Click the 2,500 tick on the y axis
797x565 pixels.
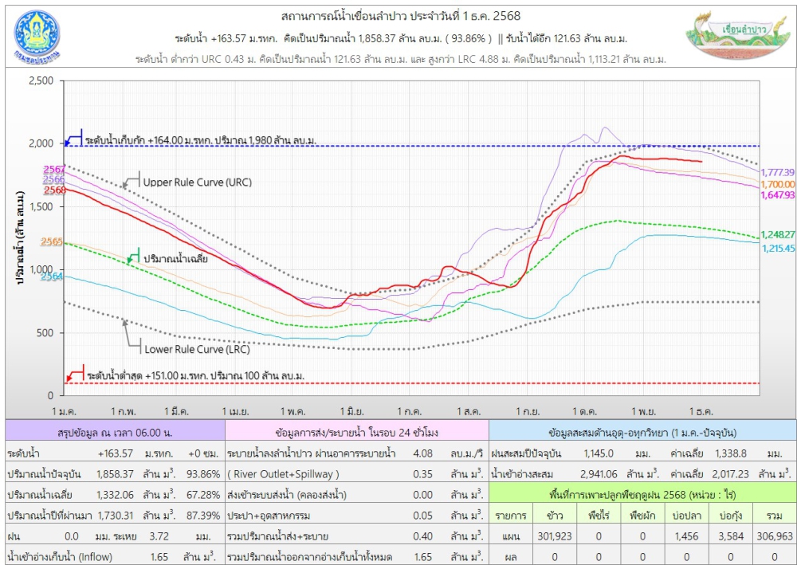(41, 81)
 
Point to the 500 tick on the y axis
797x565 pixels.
(46, 333)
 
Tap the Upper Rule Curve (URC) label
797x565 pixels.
(197, 182)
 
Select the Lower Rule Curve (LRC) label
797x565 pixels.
(196, 349)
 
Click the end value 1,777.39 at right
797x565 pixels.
(778, 172)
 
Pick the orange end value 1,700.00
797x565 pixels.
(778, 184)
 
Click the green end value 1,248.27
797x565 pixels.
(778, 234)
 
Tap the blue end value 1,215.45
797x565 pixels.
(778, 249)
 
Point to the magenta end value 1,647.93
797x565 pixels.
(778, 195)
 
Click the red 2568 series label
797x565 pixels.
(54, 190)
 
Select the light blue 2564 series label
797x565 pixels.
(52, 277)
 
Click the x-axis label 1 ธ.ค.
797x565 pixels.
(701, 411)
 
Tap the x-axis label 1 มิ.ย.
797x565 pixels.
(351, 411)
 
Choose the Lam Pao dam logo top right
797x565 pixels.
(731, 37)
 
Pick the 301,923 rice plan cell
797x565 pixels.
(556, 536)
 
